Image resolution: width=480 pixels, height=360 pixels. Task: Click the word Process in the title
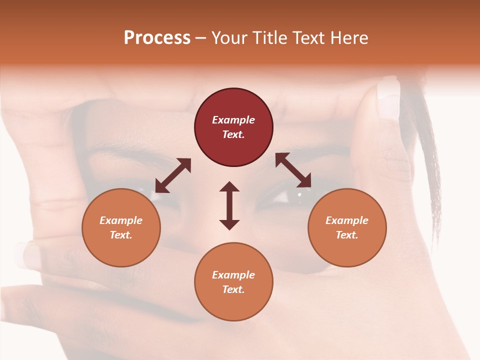click(157, 38)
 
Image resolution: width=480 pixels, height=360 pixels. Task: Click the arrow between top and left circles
click(173, 175)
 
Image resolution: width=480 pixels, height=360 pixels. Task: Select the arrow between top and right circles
click(293, 170)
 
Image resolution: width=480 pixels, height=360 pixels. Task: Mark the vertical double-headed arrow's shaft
click(229, 205)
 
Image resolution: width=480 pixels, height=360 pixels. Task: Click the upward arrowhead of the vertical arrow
click(229, 186)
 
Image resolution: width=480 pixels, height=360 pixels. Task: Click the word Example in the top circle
click(233, 120)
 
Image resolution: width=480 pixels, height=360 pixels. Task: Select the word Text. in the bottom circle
click(233, 289)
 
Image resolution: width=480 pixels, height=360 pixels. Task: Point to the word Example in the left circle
click(121, 220)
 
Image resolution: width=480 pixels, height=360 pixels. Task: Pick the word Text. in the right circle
click(347, 235)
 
